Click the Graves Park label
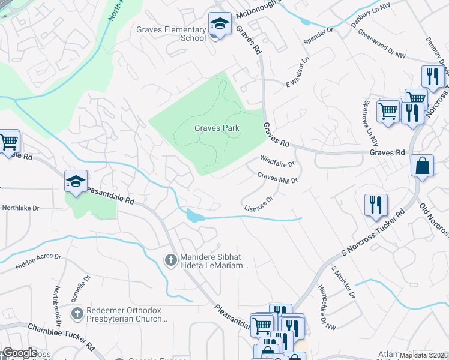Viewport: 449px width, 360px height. click(x=217, y=128)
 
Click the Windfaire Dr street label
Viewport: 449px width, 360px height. click(x=277, y=160)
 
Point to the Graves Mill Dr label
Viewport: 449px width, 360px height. click(x=277, y=177)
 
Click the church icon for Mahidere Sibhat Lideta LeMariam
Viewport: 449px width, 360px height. click(x=170, y=259)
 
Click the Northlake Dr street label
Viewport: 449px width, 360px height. click(x=20, y=208)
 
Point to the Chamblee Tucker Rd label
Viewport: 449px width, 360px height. click(x=61, y=337)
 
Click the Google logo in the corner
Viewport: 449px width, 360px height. click(x=19, y=353)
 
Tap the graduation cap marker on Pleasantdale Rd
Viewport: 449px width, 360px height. click(x=76, y=181)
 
